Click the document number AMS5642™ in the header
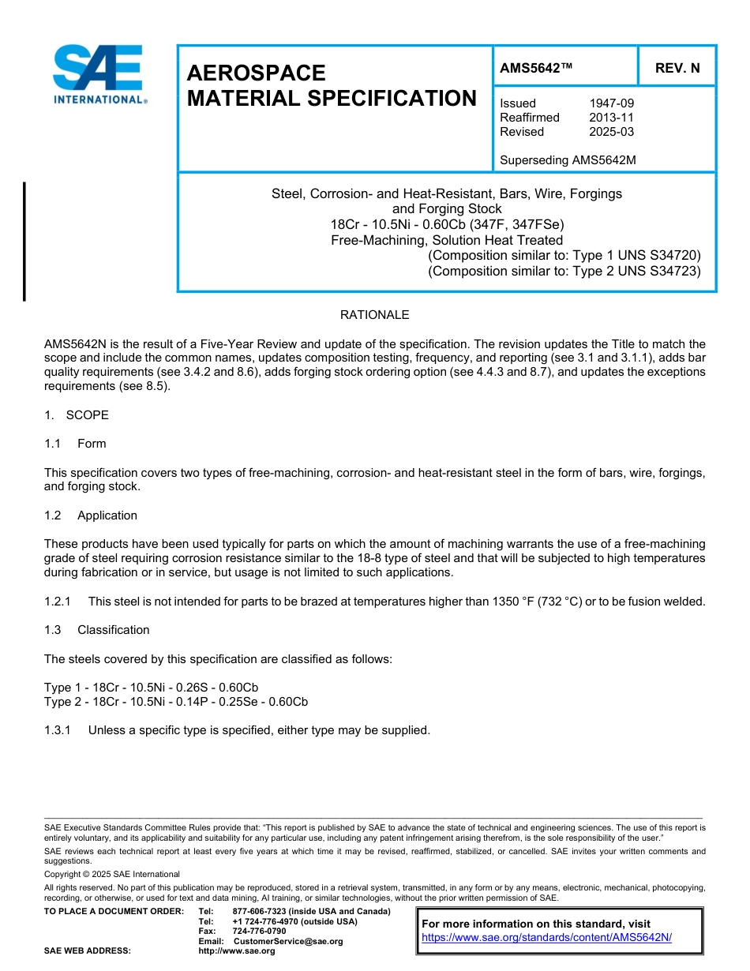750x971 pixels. (536, 68)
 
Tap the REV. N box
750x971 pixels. (677, 68)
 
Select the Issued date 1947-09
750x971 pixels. (611, 103)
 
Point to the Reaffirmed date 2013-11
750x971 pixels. (611, 118)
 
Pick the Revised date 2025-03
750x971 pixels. (611, 132)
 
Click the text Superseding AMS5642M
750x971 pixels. (568, 160)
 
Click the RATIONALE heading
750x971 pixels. (374, 315)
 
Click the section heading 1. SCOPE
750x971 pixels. (77, 415)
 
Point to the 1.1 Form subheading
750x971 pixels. (75, 444)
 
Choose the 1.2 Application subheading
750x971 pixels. (91, 515)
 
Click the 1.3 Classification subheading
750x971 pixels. (97, 630)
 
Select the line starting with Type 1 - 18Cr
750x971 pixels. (151, 688)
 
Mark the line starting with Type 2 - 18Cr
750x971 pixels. (175, 702)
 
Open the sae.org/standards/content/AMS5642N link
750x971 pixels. (546, 938)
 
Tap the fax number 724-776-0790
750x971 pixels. (259, 932)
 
